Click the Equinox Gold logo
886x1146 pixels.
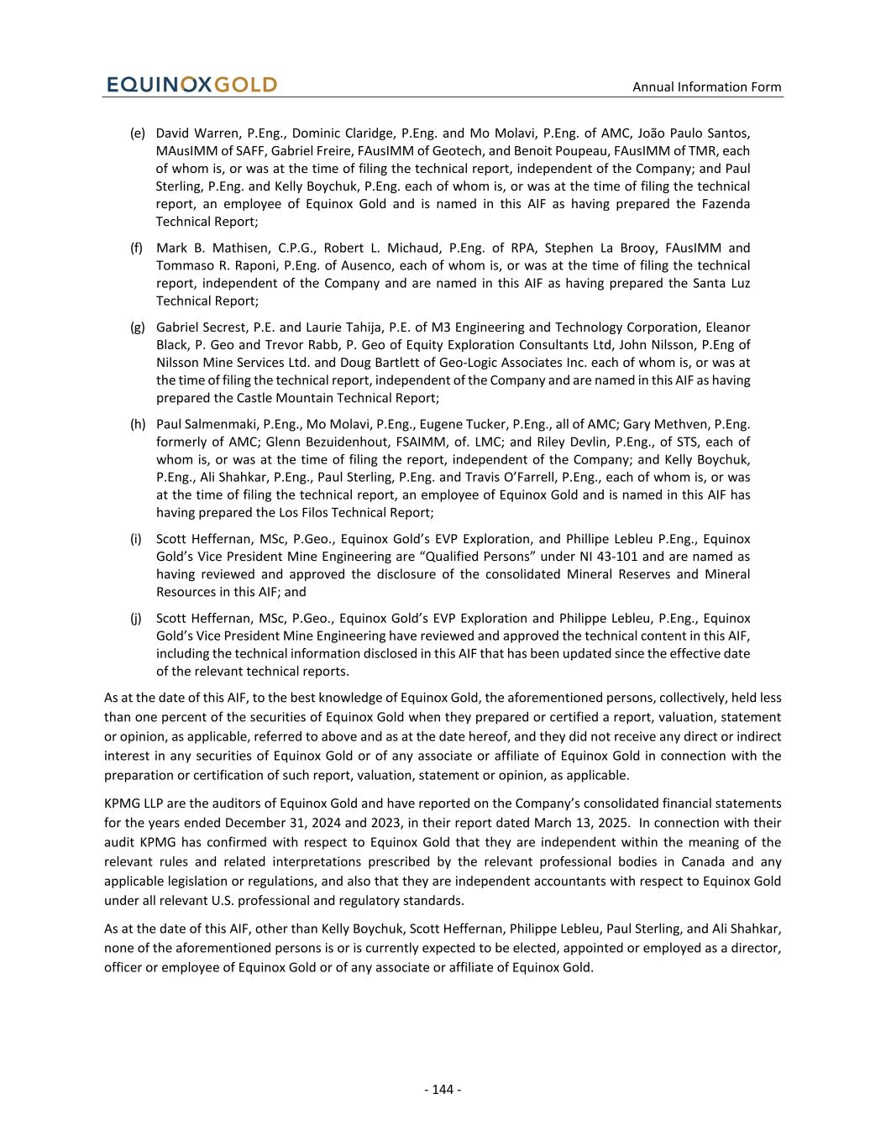tap(191, 85)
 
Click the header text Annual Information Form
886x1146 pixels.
tap(706, 87)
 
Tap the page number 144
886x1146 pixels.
tap(443, 1090)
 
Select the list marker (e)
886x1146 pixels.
tap(138, 133)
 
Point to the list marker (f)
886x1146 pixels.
tap(137, 248)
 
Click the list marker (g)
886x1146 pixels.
tap(138, 327)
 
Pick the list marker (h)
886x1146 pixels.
tap(138, 424)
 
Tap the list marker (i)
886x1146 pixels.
tap(136, 539)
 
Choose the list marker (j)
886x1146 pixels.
tap(136, 618)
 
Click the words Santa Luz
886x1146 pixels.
tap(724, 283)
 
